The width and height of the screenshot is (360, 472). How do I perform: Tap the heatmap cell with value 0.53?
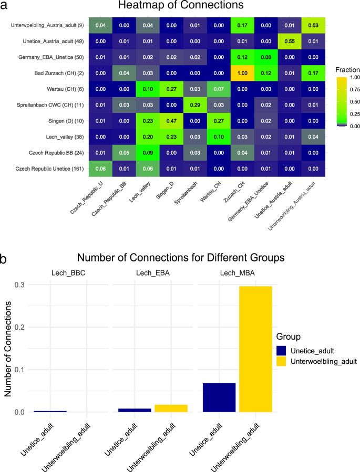312,25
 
